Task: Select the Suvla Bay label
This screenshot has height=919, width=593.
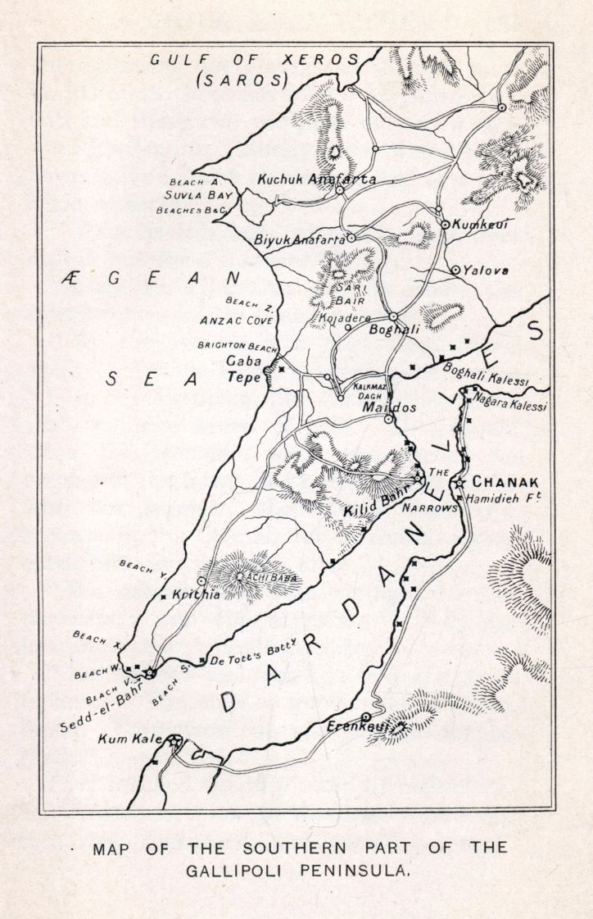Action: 198,195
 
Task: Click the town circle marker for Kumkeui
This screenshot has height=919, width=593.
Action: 446,224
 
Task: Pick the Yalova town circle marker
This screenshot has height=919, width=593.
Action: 455,270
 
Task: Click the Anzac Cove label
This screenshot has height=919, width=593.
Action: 237,321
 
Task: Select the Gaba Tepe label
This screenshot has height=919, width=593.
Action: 243,369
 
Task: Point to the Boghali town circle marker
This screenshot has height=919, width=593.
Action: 393,316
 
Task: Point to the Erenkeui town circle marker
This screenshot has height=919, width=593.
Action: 366,717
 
